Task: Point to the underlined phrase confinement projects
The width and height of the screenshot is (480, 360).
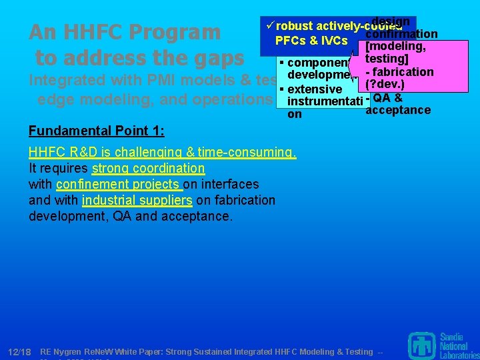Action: tap(119, 184)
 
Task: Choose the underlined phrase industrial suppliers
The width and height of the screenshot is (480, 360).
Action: tap(137, 200)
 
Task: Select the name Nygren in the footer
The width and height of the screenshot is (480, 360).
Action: tap(73, 351)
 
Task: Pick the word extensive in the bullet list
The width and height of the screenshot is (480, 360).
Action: tap(315, 89)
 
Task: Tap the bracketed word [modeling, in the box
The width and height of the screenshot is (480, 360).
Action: tap(396, 47)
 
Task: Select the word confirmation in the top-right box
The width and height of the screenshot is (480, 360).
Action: tap(402, 34)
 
